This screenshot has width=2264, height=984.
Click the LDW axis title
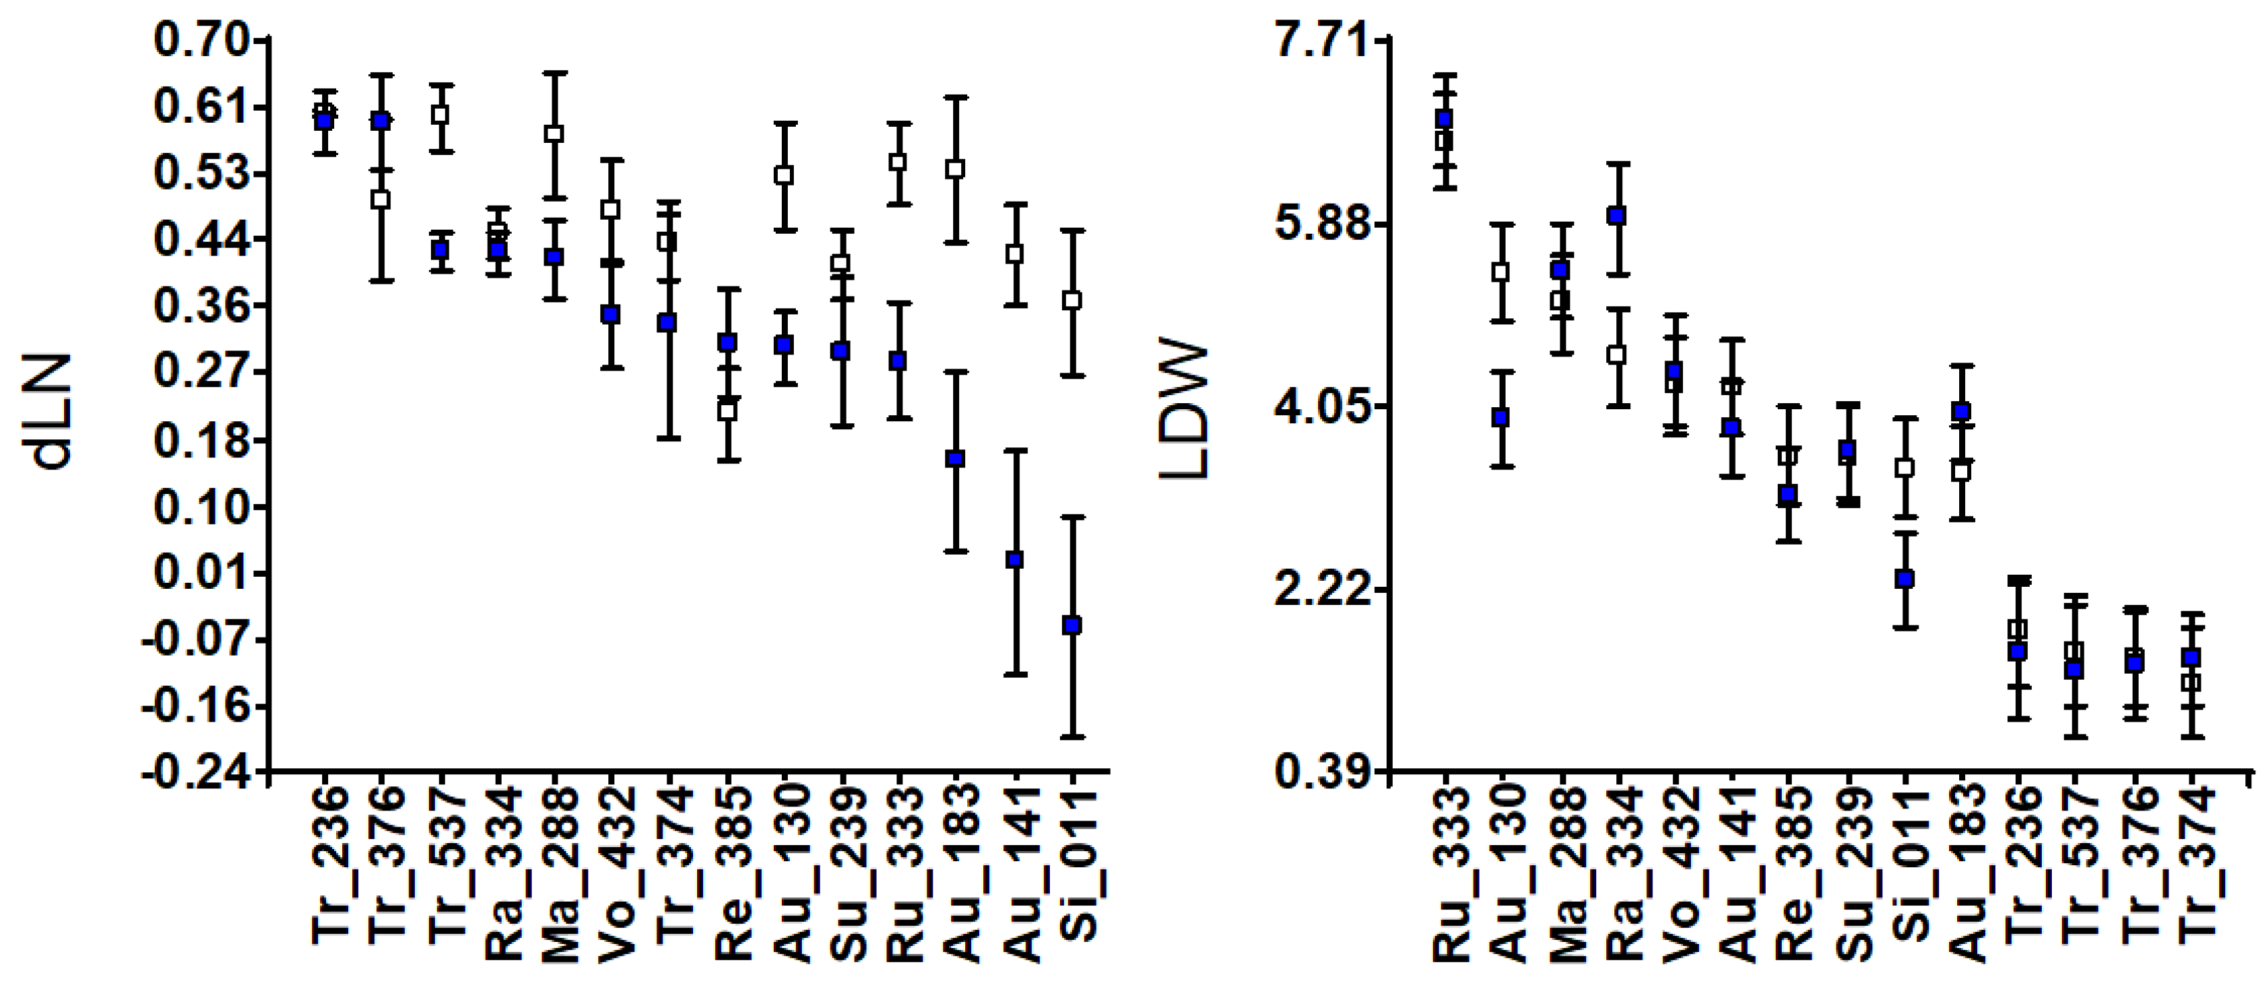click(1184, 411)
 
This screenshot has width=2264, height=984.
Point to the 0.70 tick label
click(199, 41)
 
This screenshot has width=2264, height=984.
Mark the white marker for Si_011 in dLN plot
click(1071, 300)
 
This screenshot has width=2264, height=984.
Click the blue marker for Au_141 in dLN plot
click(1015, 559)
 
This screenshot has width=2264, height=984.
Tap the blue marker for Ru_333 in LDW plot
click(1444, 119)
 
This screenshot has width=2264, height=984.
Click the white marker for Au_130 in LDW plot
click(1501, 272)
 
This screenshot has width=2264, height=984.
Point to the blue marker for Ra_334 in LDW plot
click(1617, 216)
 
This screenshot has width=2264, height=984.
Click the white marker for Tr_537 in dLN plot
click(440, 114)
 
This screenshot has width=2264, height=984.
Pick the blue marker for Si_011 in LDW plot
click(1904, 579)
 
